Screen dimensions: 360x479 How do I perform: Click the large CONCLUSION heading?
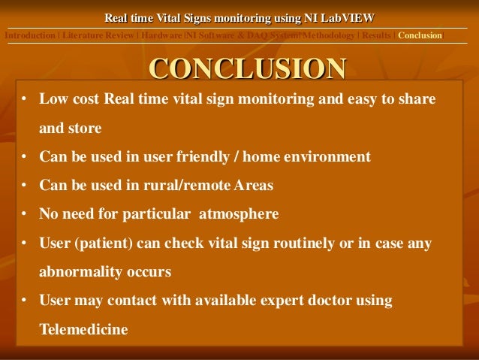(248, 68)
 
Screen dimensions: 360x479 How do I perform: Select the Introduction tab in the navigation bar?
(30, 35)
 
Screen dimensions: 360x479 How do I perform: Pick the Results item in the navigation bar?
(376, 35)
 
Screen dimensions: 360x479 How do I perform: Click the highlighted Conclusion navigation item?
(420, 35)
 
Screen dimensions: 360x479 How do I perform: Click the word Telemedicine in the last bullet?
(83, 329)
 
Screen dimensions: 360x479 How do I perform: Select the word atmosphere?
(239, 214)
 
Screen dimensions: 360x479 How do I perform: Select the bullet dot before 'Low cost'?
(24, 100)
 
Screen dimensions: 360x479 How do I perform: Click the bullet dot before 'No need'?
(24, 214)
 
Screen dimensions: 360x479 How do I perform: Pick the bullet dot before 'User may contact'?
(24, 301)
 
